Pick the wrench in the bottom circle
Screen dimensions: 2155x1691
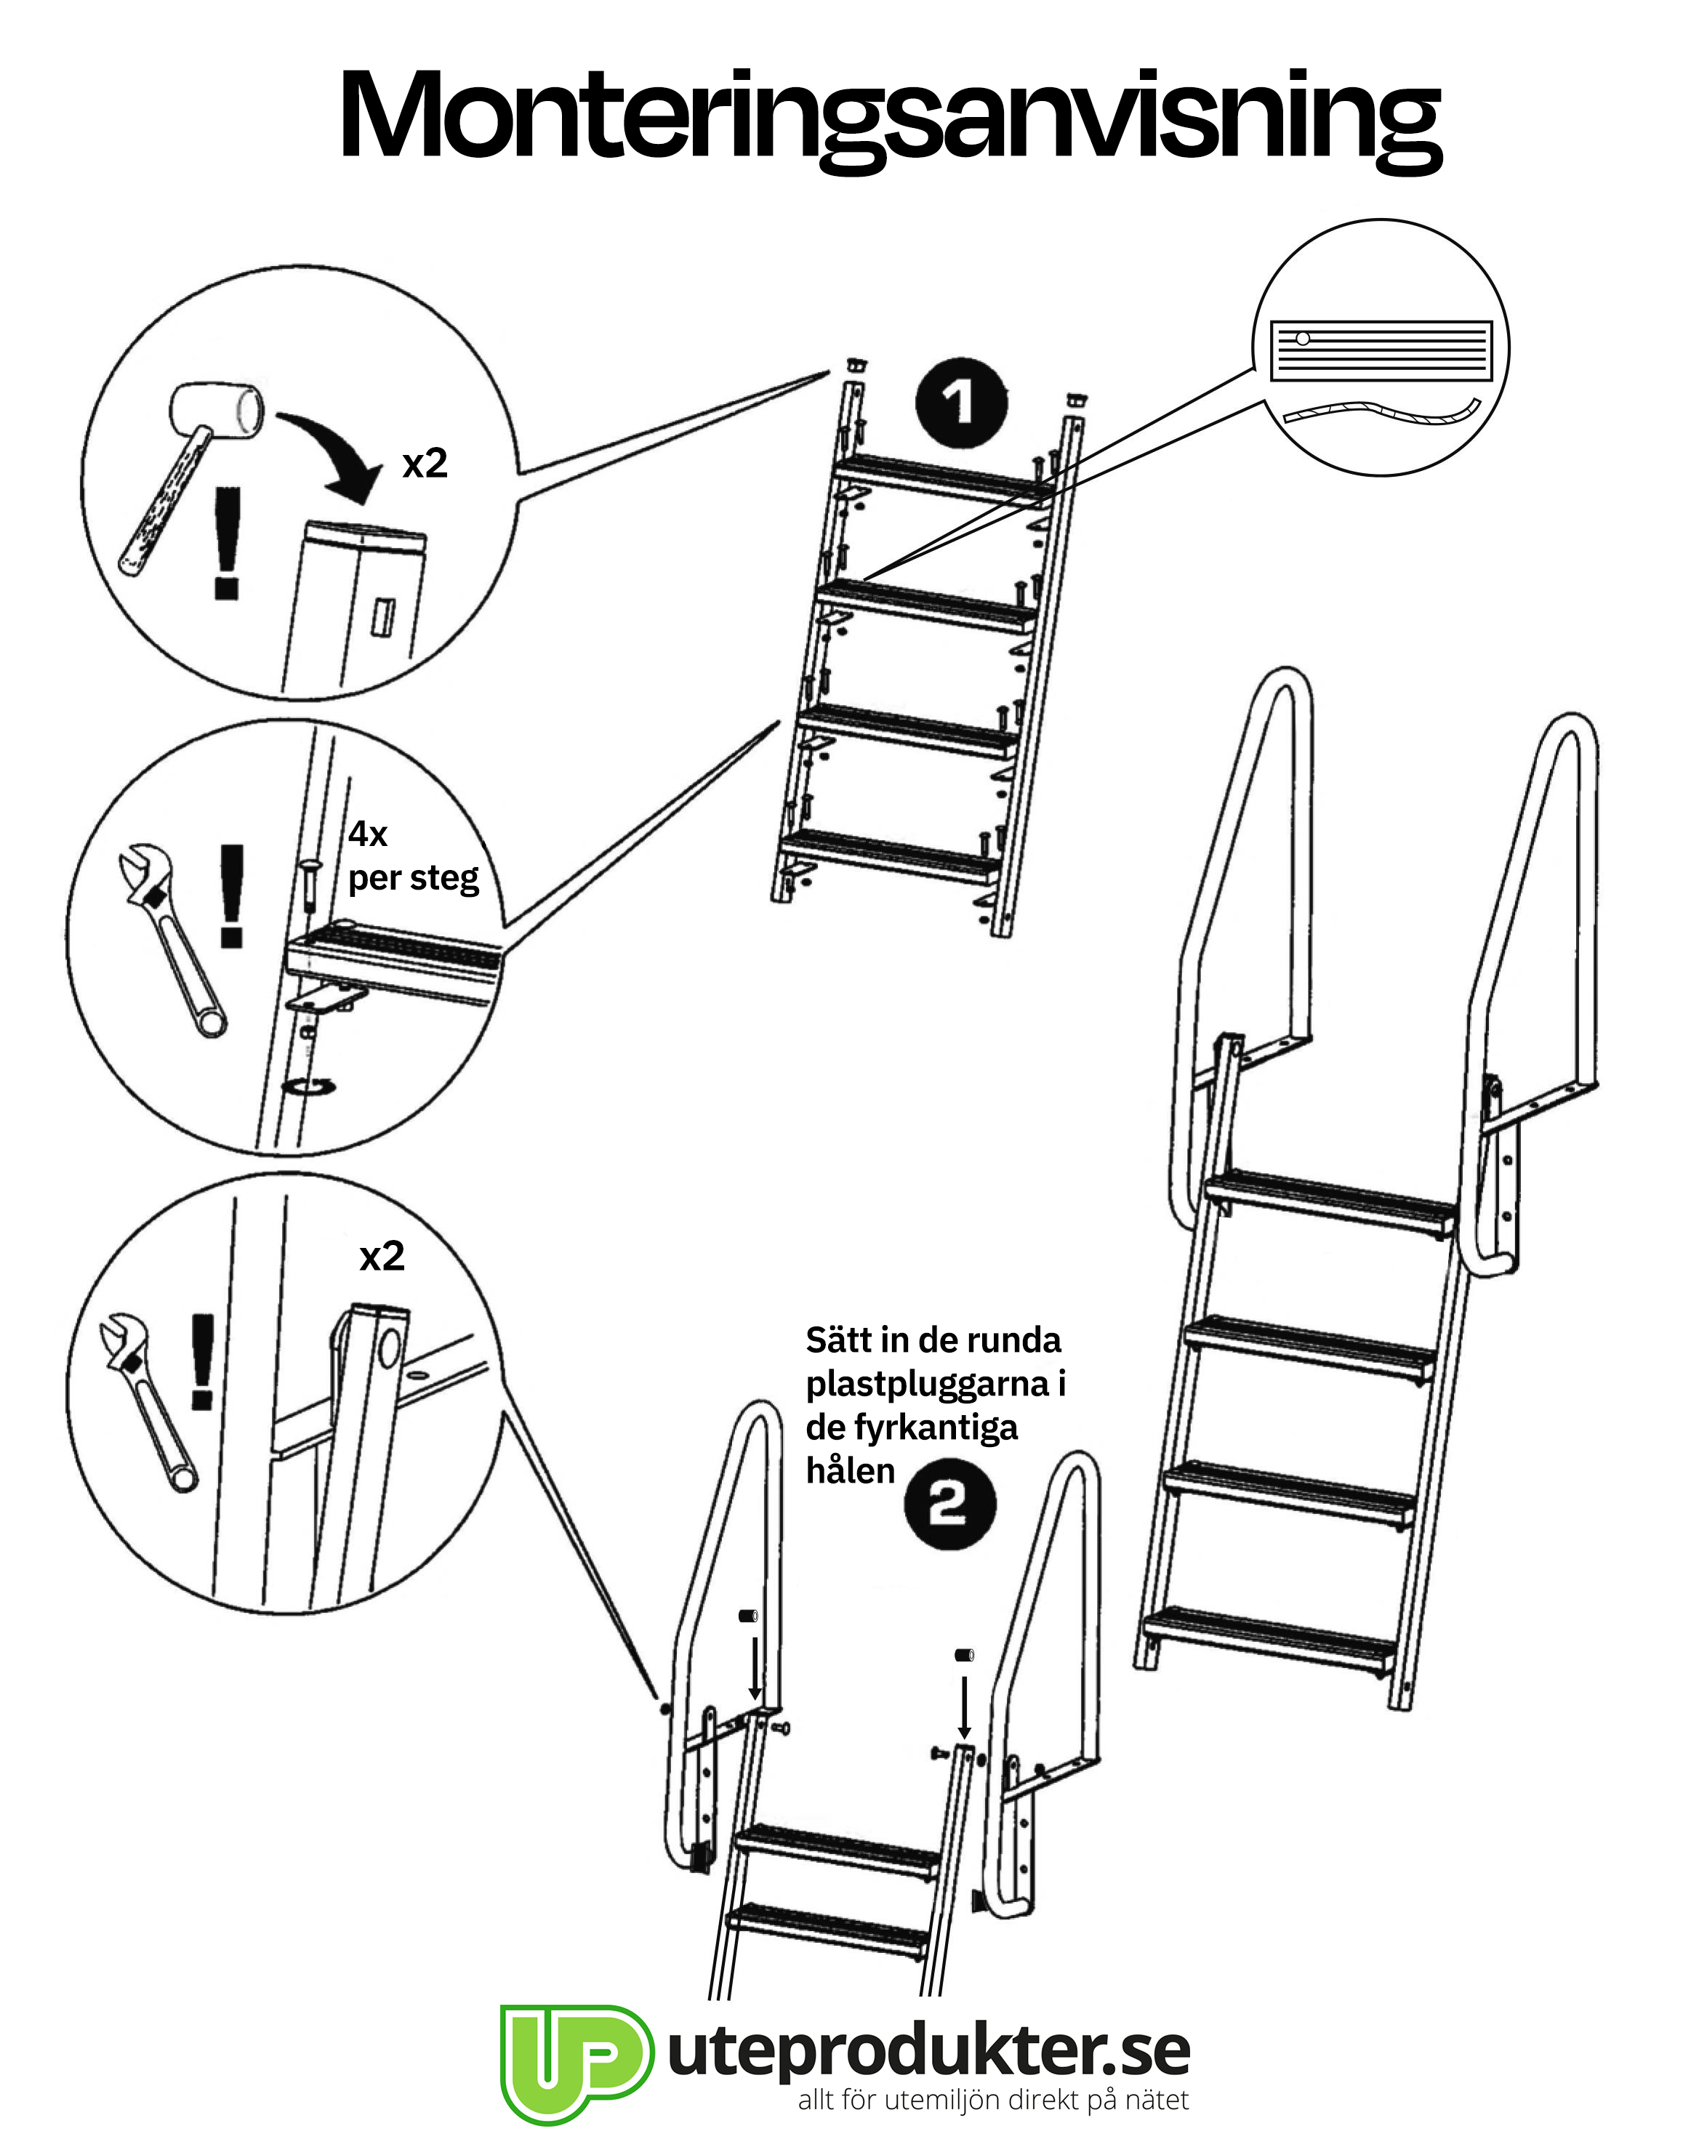pyautogui.click(x=148, y=1401)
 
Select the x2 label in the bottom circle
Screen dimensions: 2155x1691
pyautogui.click(x=382, y=1257)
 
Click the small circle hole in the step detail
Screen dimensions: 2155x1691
pyautogui.click(x=1303, y=339)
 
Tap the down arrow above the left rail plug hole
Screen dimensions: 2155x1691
pyautogui.click(x=755, y=1668)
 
